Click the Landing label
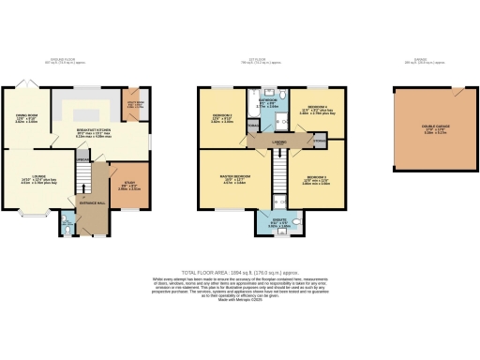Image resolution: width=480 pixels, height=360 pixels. [279, 142]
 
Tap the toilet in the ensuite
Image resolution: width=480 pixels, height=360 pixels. [293, 225]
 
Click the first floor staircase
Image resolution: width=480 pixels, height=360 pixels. [277, 173]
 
